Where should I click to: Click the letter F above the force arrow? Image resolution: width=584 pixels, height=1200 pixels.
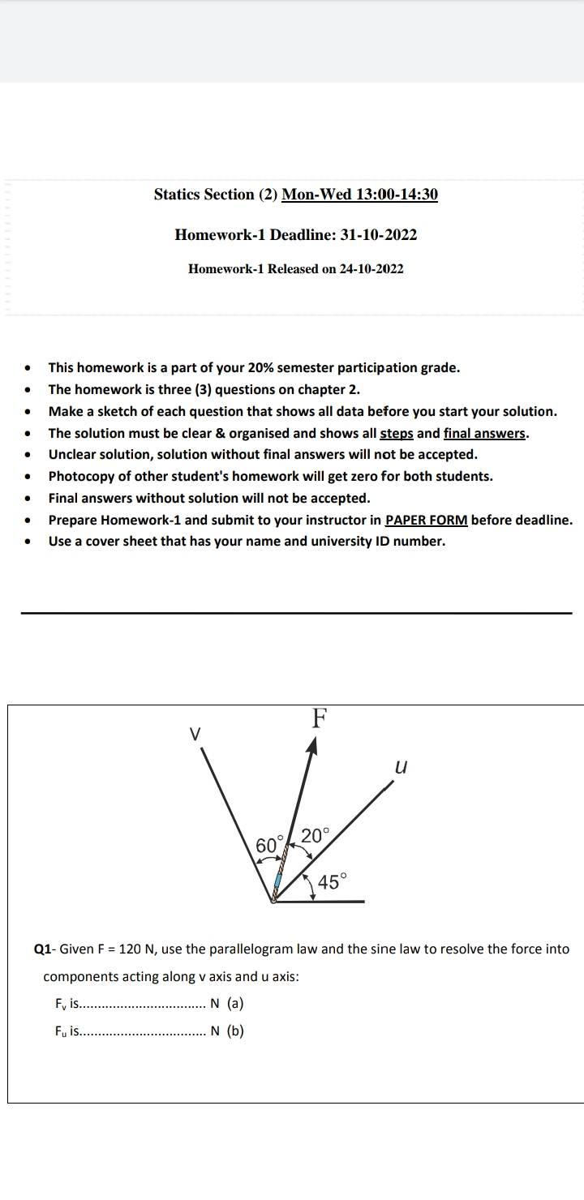[320, 718]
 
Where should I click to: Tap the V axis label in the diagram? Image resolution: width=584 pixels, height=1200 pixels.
[194, 734]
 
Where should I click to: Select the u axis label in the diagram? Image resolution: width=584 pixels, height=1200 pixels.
[400, 766]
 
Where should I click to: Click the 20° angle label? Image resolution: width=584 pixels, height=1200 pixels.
[316, 834]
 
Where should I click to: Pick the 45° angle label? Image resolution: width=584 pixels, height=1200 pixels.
[333, 881]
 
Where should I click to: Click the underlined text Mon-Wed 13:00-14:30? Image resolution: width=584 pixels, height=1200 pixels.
[359, 195]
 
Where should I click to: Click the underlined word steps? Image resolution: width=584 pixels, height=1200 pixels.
[397, 433]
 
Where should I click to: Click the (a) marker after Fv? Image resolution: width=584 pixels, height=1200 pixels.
[234, 1004]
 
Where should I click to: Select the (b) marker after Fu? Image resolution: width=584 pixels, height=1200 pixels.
[234, 1031]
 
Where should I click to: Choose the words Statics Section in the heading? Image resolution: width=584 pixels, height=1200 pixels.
[204, 195]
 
